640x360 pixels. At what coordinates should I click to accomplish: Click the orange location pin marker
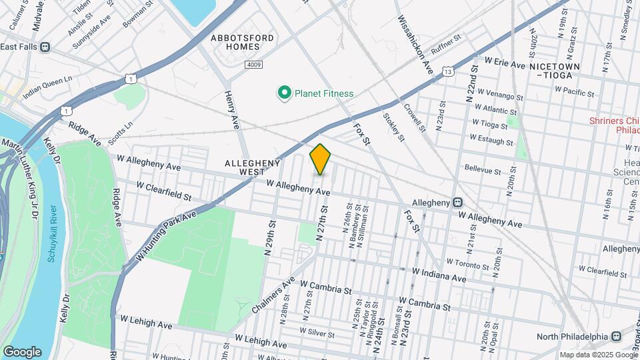pos(321,159)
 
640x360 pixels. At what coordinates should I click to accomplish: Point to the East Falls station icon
pos(45,47)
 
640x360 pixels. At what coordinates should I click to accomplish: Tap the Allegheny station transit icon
pos(458,202)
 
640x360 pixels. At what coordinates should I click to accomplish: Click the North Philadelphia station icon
pos(616,336)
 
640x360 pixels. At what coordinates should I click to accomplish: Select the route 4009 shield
pos(253,65)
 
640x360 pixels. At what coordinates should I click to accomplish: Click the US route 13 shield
pos(447,71)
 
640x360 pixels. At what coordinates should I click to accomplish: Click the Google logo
pos(22,351)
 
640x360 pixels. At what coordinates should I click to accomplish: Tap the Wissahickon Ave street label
pos(415,46)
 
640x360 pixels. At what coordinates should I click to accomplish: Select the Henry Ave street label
pos(232,109)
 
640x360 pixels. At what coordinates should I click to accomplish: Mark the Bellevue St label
pos(483,170)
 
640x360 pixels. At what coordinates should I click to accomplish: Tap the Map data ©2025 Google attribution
pos(598,355)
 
